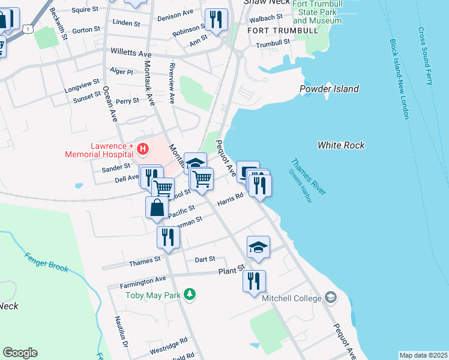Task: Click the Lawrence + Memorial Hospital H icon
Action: (x=143, y=148)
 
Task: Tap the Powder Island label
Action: (x=330, y=89)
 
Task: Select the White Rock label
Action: (x=341, y=145)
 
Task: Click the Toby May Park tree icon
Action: (x=190, y=294)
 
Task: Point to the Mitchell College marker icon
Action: (x=331, y=296)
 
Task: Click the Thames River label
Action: (x=308, y=176)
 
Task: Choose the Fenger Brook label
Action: (x=46, y=260)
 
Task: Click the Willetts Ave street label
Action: (x=131, y=53)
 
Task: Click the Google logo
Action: (x=20, y=353)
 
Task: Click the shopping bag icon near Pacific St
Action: (x=157, y=207)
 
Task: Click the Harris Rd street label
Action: (x=231, y=197)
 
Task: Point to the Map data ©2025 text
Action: (x=423, y=355)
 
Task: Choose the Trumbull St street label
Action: (x=273, y=44)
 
